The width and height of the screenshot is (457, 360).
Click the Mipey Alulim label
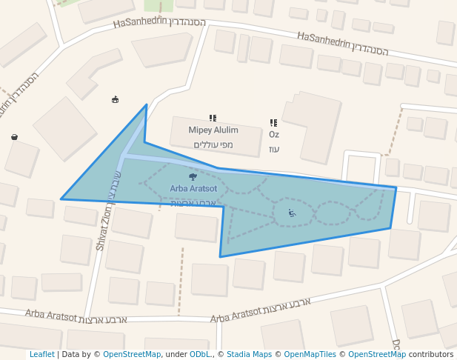pyautogui.click(x=213, y=130)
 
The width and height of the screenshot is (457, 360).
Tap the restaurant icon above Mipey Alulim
pyautogui.click(x=213, y=118)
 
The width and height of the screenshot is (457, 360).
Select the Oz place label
pyautogui.click(x=273, y=135)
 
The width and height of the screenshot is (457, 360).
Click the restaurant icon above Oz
pyautogui.click(x=273, y=123)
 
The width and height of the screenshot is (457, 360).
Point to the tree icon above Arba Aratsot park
pyautogui.click(x=193, y=176)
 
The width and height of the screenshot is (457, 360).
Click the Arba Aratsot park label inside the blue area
pyautogui.click(x=193, y=189)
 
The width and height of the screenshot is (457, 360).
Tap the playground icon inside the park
pyautogui.click(x=292, y=213)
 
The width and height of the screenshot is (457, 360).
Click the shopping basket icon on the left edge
pyautogui.click(x=14, y=136)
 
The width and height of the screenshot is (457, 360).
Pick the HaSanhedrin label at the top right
pyautogui.click(x=324, y=39)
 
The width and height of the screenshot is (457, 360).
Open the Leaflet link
pyautogui.click(x=41, y=355)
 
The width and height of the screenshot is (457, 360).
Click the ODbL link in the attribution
pyautogui.click(x=199, y=355)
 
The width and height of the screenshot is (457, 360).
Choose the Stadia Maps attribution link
pyautogui.click(x=249, y=355)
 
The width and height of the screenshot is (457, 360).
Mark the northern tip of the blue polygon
pyautogui.click(x=146, y=105)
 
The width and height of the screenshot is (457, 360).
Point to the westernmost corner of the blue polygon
pyautogui.click(x=61, y=199)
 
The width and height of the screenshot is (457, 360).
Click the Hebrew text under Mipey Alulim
pyautogui.click(x=213, y=144)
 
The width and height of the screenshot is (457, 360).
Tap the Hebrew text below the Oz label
pyautogui.click(x=274, y=149)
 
